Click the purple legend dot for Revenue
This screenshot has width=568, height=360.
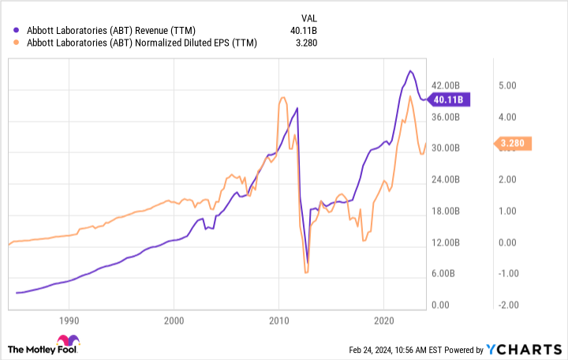tap(17, 31)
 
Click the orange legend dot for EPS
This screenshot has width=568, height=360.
tap(17, 43)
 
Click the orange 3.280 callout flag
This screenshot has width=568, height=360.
tap(515, 144)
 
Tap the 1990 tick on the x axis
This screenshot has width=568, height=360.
tap(69, 322)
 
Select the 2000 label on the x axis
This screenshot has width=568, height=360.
tap(174, 322)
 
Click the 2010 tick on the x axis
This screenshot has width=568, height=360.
tap(278, 322)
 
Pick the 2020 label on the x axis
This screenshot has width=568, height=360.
tap(383, 322)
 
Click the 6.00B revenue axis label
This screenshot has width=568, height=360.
tap(443, 274)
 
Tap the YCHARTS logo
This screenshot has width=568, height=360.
tap(524, 349)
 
